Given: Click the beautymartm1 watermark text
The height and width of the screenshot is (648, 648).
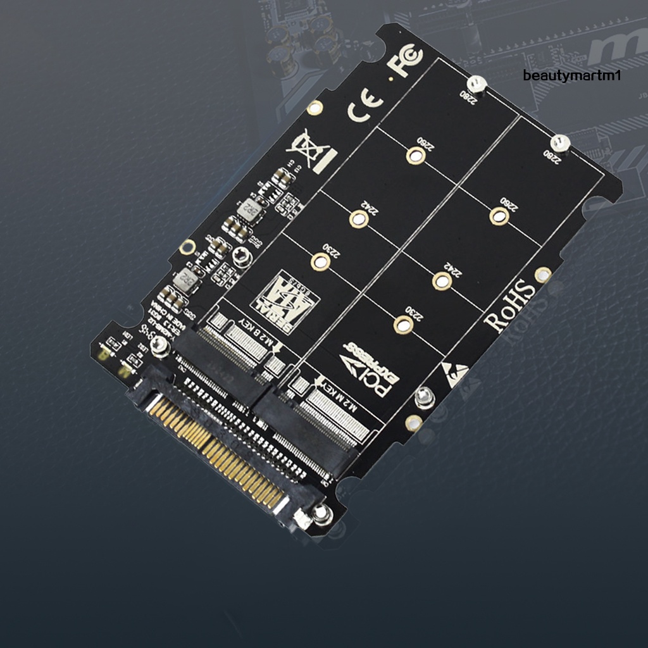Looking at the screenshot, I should tap(573, 76).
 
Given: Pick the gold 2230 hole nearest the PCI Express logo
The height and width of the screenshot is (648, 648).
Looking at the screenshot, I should tap(403, 325).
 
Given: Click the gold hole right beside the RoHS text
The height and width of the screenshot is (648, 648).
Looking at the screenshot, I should tap(543, 275).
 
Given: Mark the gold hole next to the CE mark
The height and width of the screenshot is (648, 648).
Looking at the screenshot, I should tap(315, 108).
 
